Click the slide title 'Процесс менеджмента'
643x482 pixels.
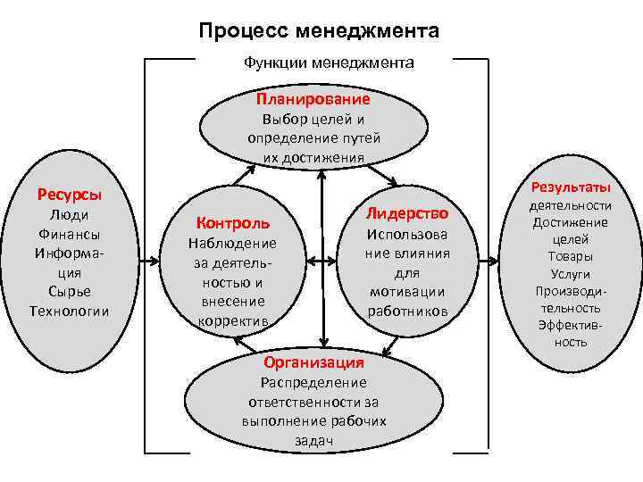pyautogui.click(x=320, y=31)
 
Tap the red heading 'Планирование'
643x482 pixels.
pyautogui.click(x=313, y=98)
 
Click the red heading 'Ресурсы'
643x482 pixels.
pyautogui.click(x=69, y=194)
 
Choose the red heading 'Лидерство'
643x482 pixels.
pyautogui.click(x=407, y=212)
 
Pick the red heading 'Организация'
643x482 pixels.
pyautogui.click(x=313, y=362)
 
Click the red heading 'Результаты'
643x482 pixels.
pyautogui.click(x=570, y=187)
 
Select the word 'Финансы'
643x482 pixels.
pyautogui.click(x=69, y=234)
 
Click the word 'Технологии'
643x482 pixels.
pyautogui.click(x=69, y=311)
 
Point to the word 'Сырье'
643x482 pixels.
pyautogui.click(x=69, y=291)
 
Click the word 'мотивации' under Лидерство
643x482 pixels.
pyautogui.click(x=407, y=292)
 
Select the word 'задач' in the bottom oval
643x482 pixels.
pyautogui.click(x=313, y=440)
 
